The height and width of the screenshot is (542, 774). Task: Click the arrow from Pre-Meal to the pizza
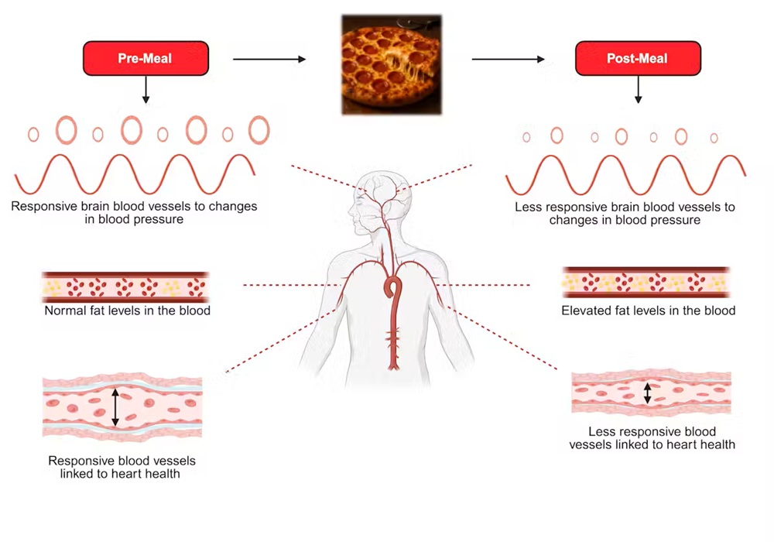click(270, 59)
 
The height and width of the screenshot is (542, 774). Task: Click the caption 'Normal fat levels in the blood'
click(128, 311)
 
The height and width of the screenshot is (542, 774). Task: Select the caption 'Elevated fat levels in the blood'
click(648, 310)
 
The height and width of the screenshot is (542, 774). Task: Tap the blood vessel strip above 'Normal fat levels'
click(125, 286)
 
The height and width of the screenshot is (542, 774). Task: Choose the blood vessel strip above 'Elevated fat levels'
click(646, 283)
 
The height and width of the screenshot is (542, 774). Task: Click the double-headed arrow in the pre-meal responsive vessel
click(115, 407)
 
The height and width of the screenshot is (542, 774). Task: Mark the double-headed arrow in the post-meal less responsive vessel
click(648, 392)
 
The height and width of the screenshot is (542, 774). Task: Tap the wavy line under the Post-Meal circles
click(625, 175)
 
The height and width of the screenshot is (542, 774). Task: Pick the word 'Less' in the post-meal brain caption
click(528, 208)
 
